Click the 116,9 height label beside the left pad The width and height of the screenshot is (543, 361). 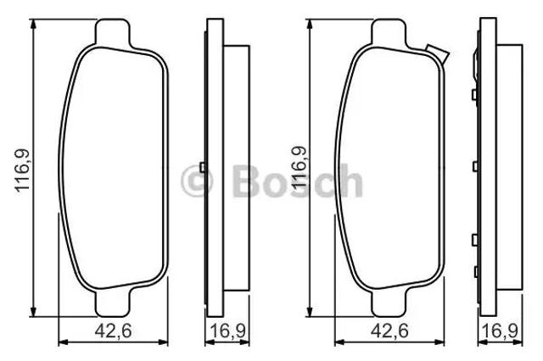(x=23, y=171)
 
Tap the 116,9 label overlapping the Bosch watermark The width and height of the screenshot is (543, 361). (x=299, y=168)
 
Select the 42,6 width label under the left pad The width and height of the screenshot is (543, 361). (x=113, y=330)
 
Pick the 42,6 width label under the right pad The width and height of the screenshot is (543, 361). (x=389, y=330)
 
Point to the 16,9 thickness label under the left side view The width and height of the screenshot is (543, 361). (x=228, y=330)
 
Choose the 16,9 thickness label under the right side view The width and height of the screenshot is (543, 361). (x=501, y=330)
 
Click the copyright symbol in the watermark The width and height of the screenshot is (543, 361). (x=197, y=180)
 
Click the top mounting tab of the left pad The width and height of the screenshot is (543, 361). (x=112, y=32)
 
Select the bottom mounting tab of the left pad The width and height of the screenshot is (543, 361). (x=113, y=303)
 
